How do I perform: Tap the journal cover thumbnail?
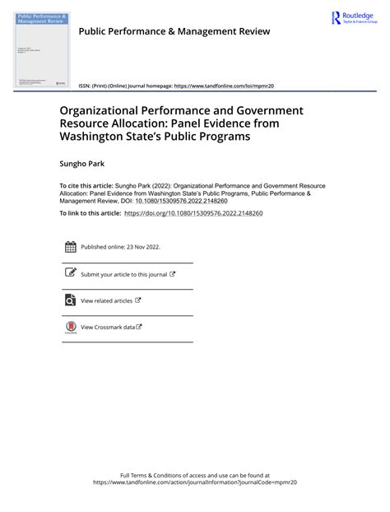tap(42, 49)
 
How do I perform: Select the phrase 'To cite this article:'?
tap(86, 187)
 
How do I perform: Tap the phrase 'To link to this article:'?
tap(90, 213)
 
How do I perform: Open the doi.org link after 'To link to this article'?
tap(193, 213)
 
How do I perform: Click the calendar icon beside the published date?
tap(70, 247)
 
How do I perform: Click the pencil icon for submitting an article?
tap(70, 273)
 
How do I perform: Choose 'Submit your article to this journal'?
tap(123, 274)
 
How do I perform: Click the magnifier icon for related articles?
tap(70, 300)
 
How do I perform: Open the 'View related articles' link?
tap(107, 301)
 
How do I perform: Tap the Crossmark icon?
tap(70, 328)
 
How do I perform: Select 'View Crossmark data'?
tap(108, 328)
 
